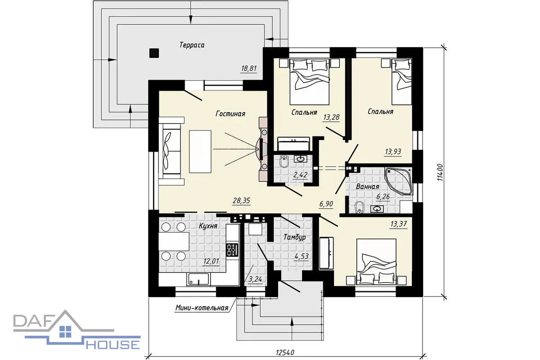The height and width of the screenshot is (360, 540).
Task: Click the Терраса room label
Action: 192,45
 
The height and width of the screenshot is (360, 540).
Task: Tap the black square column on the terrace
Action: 154,53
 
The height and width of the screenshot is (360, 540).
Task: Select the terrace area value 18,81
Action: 249,69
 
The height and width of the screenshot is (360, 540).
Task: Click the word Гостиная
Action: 230,113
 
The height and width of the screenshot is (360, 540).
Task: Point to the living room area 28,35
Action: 241,201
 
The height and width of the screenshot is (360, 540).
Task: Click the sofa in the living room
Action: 171,151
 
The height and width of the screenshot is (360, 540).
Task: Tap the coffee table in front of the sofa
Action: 200,152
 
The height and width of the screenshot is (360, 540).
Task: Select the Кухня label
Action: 208,226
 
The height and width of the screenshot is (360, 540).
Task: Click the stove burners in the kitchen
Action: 232,250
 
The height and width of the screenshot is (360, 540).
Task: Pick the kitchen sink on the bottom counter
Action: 198,279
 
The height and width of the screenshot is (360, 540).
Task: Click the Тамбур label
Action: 295,237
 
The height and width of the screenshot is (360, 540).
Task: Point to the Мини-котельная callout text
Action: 202,308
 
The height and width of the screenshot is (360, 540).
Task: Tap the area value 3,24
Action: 255,279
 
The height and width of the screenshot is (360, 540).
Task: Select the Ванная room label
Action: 367,187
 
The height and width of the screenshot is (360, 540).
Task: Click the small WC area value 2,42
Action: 300,175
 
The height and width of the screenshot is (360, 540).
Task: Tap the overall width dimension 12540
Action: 285,352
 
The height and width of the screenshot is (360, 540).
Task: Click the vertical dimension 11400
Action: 440,172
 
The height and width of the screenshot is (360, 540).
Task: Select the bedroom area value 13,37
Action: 399,224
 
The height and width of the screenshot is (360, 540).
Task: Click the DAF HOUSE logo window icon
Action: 65,331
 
